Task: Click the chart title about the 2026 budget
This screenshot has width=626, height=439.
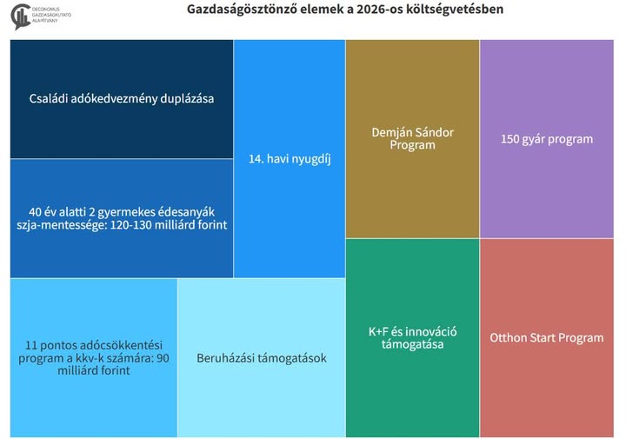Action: pos(344,10)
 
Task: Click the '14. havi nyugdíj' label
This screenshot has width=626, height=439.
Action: pos(290,159)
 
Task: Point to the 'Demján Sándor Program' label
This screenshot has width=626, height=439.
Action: pos(411,139)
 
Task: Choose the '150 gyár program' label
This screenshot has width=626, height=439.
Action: pos(547,139)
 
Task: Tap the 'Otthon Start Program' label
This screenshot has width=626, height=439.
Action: pos(546,337)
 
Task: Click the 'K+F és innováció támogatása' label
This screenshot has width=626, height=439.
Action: pos(412,338)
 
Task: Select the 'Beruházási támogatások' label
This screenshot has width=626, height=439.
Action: pos(262,357)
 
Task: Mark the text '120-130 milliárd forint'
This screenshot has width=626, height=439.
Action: pos(169,225)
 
